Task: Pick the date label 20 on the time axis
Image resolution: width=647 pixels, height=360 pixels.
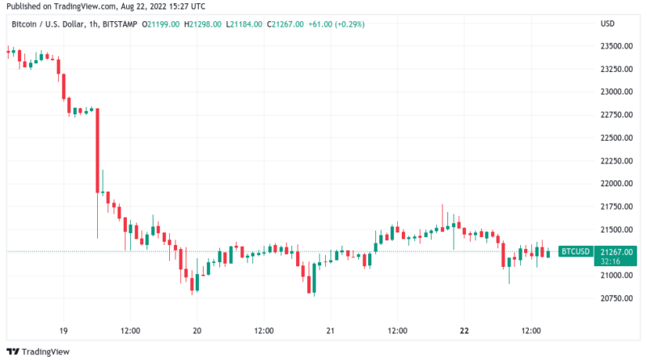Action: tap(197, 330)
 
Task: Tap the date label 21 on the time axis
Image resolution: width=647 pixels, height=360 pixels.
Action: tap(330, 330)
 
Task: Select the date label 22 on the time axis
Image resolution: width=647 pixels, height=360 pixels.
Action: tap(463, 330)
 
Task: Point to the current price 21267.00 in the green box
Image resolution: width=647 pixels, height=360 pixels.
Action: tap(616, 252)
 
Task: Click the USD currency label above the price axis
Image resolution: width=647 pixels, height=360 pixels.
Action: tap(607, 24)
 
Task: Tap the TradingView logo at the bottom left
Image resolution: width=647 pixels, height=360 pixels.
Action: tap(39, 351)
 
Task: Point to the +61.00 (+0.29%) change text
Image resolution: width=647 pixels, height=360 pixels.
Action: tap(340, 24)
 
